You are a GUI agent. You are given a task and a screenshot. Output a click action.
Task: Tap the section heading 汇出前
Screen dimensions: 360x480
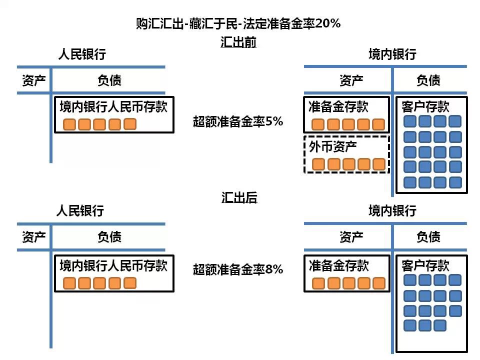pos(238,42)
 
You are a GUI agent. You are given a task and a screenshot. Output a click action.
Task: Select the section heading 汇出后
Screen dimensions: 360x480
pos(239,198)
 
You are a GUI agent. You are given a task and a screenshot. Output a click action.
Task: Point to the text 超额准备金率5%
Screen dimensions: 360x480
pos(238,121)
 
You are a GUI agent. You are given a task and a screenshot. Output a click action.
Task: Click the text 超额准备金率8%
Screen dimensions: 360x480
pos(238,269)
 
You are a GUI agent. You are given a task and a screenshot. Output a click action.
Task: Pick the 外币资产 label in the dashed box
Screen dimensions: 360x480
pos(329,147)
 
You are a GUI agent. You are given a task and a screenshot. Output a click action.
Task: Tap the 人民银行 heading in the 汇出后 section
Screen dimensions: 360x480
pos(80,211)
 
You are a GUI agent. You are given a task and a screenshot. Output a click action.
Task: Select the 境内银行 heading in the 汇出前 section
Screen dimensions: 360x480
pos(392,54)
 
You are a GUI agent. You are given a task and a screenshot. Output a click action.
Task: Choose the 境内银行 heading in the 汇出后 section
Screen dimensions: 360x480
pos(392,211)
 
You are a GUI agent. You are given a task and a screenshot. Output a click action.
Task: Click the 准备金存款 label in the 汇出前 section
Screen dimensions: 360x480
pos(338,106)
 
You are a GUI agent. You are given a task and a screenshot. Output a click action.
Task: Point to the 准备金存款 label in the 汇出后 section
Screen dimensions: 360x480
pos(338,265)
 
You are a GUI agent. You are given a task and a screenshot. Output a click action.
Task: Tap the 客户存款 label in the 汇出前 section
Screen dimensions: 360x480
pos(425,106)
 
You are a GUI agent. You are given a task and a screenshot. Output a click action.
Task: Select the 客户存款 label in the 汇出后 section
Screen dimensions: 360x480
pos(425,265)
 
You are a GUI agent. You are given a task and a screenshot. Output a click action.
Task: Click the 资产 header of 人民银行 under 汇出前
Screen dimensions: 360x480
pos(34,80)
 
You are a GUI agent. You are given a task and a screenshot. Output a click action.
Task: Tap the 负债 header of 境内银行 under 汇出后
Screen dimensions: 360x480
pos(428,236)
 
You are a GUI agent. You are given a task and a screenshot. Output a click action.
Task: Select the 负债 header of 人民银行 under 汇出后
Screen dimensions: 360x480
pos(109,236)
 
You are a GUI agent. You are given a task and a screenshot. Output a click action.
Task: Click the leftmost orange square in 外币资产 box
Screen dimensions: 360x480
pos(319,164)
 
